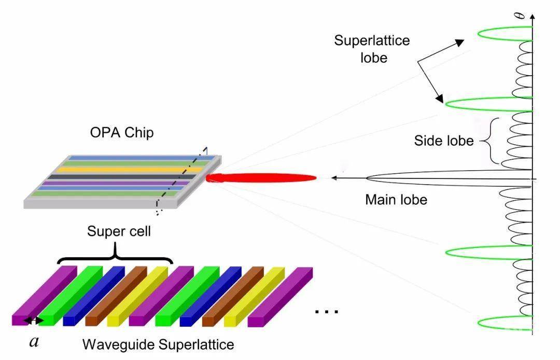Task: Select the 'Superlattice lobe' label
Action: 372,49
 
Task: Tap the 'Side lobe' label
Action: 444,141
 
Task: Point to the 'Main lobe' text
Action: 396,199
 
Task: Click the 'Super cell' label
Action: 119,231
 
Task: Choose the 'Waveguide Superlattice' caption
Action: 158,344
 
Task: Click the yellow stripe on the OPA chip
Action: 130,170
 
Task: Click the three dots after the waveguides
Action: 327,312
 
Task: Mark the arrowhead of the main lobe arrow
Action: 335,178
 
